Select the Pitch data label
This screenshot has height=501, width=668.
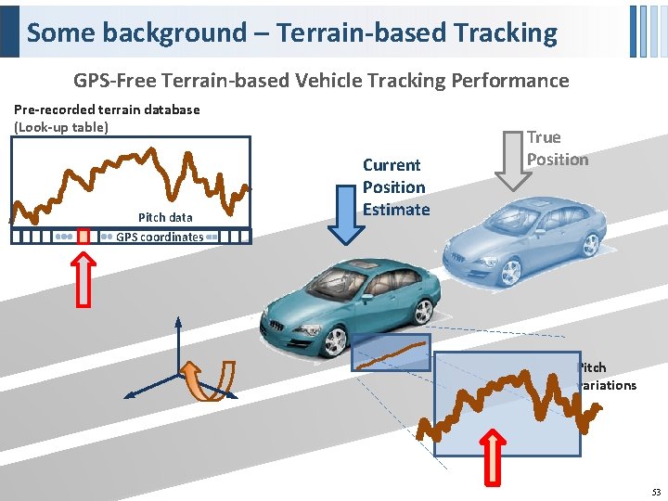165,217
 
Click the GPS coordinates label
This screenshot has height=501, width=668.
159,237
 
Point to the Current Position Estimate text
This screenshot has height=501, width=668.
395,187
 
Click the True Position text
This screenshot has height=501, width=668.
557,148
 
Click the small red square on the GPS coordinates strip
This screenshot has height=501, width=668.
83,237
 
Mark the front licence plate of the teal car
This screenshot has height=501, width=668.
276,329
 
